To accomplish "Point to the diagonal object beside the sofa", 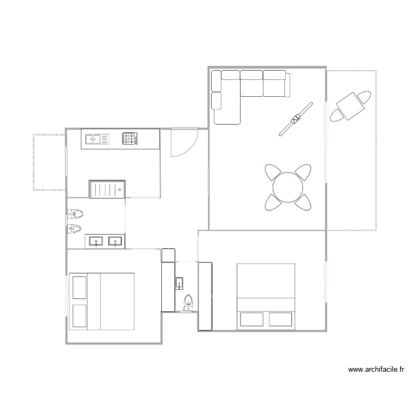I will [x=296, y=118].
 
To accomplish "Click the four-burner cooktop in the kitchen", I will [x=130, y=139].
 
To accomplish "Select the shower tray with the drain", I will [x=108, y=189].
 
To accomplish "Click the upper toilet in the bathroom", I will [x=75, y=213].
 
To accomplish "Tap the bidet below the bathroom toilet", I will [x=75, y=229].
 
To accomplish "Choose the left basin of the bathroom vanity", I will [x=95, y=241].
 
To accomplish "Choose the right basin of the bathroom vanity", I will [x=115, y=241].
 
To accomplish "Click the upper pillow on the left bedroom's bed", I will [x=80, y=288].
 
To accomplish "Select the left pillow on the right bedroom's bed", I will [x=251, y=319].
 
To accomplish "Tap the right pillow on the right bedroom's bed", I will [x=280, y=319].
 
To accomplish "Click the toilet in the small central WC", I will [x=189, y=301].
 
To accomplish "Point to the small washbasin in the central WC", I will [x=180, y=283].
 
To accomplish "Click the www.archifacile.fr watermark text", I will [x=376, y=370].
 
